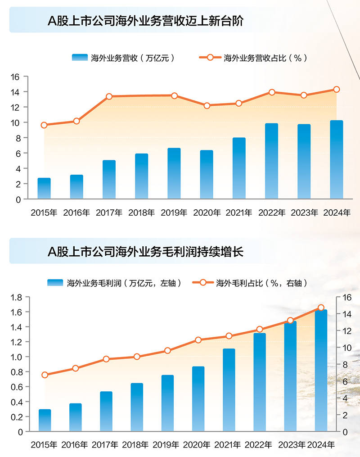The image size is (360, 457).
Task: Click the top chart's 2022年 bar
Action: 271,161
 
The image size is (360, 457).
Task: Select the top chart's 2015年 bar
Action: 44,188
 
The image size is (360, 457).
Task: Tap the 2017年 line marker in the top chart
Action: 109,96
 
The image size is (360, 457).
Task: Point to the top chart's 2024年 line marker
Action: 336,89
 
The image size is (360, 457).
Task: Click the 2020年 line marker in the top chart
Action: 207,106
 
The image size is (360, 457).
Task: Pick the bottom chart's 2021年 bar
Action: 229,390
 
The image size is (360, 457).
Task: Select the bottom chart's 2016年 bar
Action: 76,417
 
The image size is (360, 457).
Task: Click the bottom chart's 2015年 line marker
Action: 45,375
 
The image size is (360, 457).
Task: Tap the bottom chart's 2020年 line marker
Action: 198,340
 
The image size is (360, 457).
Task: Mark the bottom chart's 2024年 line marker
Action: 321,308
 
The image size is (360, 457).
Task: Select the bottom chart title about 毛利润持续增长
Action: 145,251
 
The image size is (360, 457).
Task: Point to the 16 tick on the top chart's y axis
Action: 15,77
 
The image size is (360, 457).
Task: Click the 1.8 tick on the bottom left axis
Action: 17,297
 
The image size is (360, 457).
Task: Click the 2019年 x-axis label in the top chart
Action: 174,213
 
